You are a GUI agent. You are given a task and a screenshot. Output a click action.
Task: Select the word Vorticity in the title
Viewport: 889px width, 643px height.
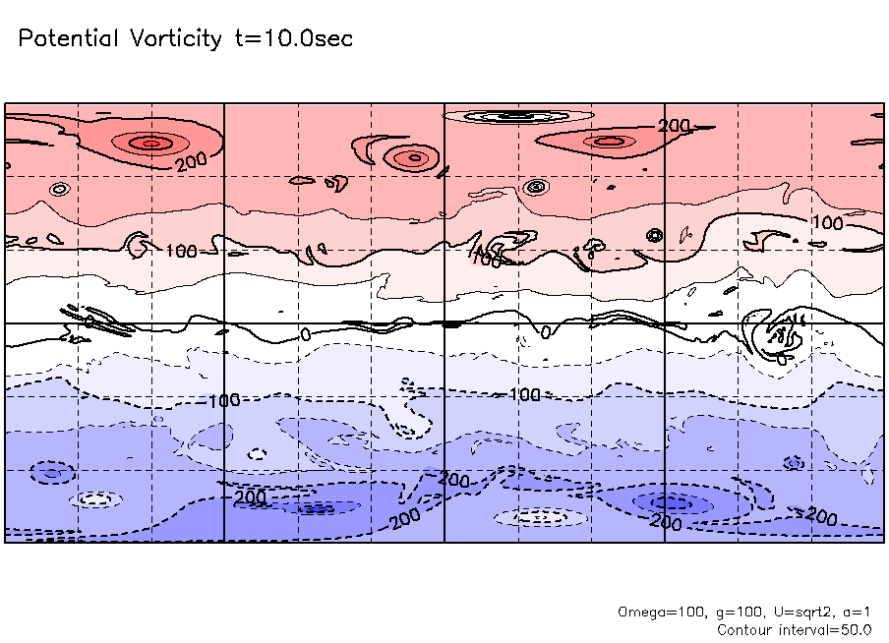[175, 39]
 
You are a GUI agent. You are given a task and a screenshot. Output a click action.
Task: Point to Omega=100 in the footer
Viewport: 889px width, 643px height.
[661, 612]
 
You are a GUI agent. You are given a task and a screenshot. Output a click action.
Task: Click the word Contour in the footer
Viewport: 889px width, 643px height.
[743, 629]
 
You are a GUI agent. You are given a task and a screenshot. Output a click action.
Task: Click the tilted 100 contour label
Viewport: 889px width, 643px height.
[486, 259]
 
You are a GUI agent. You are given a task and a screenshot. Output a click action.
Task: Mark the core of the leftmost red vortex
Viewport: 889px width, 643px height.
[149, 144]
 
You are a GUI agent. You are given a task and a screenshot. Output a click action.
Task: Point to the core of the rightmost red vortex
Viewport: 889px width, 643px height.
[607, 142]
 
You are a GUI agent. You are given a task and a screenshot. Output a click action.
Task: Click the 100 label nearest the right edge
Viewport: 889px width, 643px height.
[828, 224]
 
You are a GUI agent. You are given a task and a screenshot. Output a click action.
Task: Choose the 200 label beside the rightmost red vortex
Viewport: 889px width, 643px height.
[674, 126]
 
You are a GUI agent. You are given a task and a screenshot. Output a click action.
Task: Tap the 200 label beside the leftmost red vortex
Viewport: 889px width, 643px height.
[192, 161]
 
